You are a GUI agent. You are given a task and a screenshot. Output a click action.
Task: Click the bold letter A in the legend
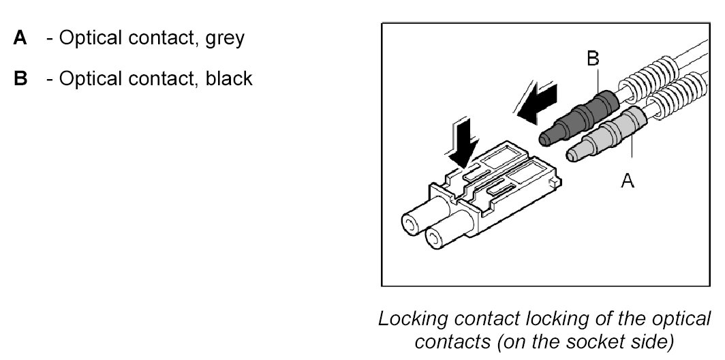(20, 37)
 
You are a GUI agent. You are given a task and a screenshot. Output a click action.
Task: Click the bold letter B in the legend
(20, 79)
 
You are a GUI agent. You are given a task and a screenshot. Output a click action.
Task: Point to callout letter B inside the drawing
(593, 60)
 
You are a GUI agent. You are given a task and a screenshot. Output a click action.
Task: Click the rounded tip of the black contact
(545, 139)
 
